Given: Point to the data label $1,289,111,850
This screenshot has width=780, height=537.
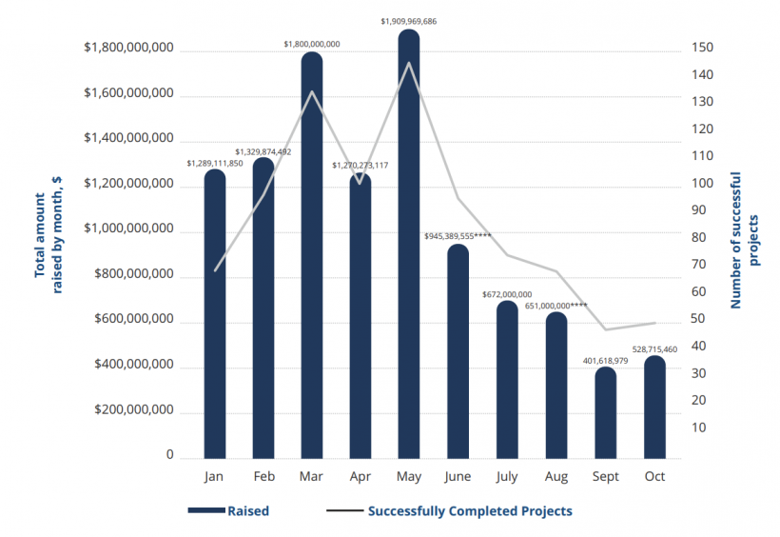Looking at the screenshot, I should pos(215,164).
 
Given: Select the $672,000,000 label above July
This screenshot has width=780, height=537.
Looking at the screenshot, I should pos(507,295).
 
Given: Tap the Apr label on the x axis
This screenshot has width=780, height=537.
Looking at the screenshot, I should pos(361,475).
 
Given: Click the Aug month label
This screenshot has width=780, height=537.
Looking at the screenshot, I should pos(556,475).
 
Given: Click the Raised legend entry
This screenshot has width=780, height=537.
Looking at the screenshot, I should pos(247,511).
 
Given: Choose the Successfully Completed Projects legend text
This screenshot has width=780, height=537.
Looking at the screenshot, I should pos(470,511).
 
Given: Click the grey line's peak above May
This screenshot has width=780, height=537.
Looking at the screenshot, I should pos(409,63).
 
